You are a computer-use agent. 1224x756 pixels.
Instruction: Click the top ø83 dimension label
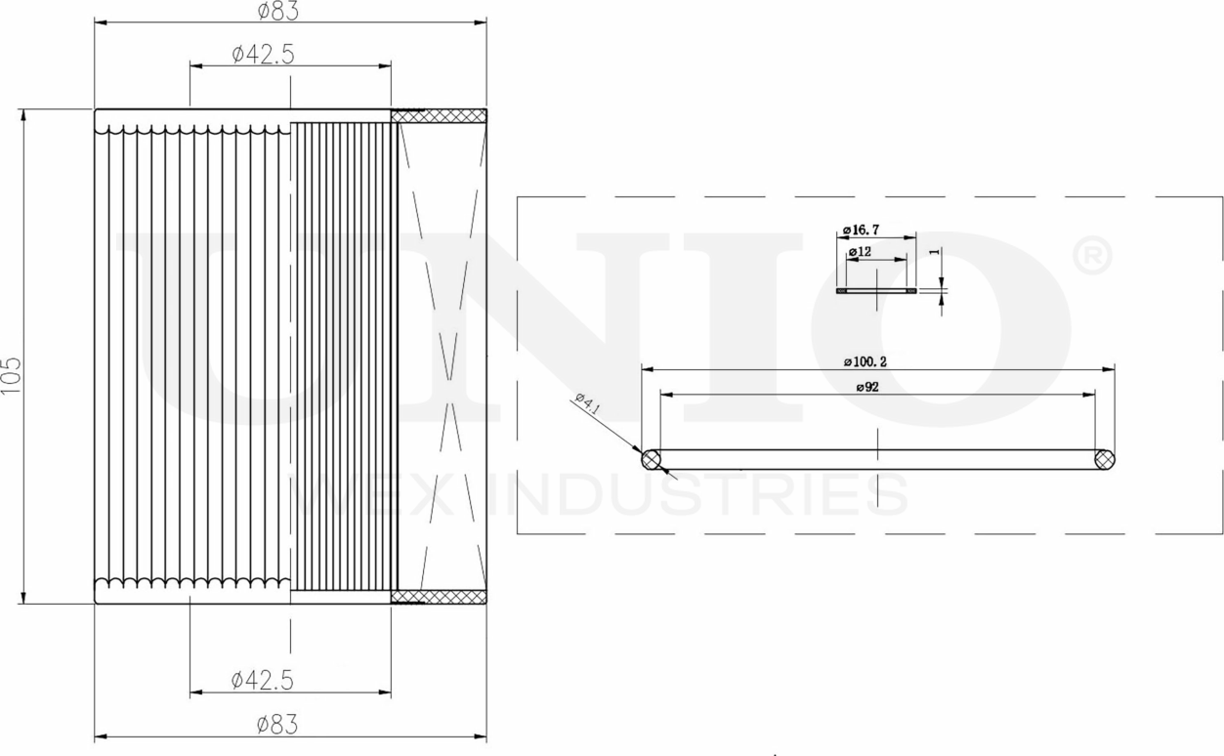click(x=277, y=11)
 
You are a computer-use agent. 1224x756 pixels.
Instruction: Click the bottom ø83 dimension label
click(x=277, y=725)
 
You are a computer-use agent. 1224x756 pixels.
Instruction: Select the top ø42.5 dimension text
click(x=263, y=55)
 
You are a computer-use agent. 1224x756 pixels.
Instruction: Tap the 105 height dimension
click(x=12, y=375)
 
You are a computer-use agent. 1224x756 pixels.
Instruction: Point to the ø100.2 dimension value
click(x=871, y=361)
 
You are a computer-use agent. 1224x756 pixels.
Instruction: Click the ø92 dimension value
click(x=868, y=387)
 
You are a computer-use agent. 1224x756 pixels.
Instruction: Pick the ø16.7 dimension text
click(x=861, y=230)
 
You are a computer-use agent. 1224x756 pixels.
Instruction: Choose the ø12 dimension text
click(x=860, y=252)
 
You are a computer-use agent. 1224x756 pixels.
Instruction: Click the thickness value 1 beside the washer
click(x=935, y=252)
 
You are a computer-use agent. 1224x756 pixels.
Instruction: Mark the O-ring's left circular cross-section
click(x=652, y=459)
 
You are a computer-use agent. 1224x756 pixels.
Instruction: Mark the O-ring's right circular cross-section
click(x=1105, y=459)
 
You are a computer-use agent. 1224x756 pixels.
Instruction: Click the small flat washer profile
click(x=877, y=290)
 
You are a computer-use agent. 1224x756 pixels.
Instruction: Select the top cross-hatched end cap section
click(x=439, y=116)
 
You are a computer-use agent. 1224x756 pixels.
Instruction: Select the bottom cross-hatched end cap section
click(x=439, y=596)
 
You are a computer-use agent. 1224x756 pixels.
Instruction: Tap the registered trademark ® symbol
click(x=1092, y=257)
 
